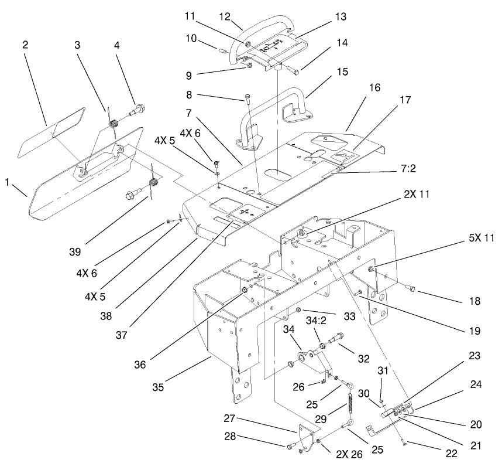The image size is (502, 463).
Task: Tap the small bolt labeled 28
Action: (x=290, y=447)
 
